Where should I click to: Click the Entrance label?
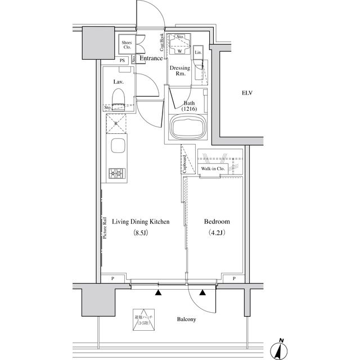click(151, 58)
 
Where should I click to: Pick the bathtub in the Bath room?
click(188, 128)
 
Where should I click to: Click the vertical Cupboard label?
click(184, 164)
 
